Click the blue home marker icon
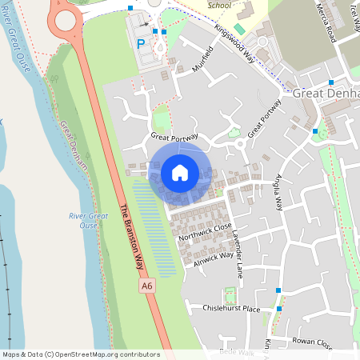coord(180,173)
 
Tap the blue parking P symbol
coord(142,45)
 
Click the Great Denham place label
coord(326,94)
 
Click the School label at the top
coord(219,5)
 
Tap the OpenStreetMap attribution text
coord(81,354)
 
